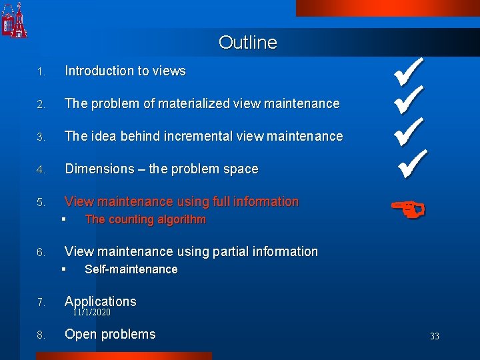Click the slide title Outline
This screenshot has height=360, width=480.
pos(247,43)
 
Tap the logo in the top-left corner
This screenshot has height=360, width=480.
pos(14,21)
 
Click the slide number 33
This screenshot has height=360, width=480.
pos(435,337)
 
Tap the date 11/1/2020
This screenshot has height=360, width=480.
pos(92,312)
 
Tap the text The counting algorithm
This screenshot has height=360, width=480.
pos(145,219)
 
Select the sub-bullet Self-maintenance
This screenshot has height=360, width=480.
pos(131,269)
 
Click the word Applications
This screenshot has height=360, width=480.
pos(100,301)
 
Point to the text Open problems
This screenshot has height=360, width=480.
pos(110,334)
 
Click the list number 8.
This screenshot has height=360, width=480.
pos(41,335)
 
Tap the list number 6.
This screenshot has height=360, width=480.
pos(41,253)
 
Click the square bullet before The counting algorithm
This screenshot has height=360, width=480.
pos(63,219)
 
